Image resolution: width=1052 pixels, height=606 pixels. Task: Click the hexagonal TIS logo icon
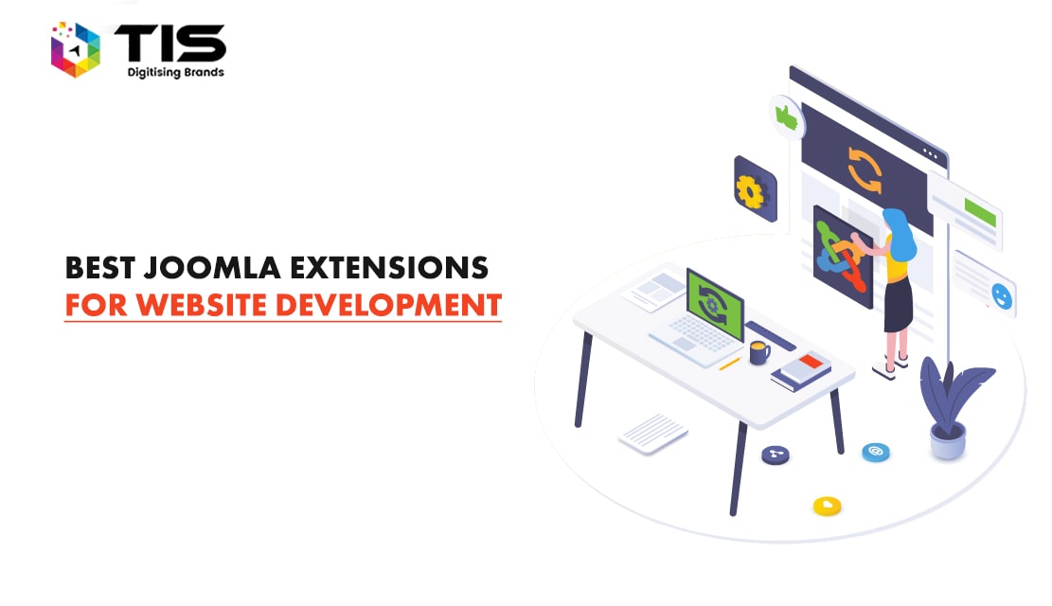click(x=76, y=49)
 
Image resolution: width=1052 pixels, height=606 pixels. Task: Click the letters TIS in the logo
click(x=170, y=43)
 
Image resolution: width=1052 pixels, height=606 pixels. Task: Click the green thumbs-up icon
click(x=785, y=116)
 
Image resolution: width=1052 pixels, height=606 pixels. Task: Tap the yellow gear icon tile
click(x=754, y=190)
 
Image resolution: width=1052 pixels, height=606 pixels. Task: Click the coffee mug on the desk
click(x=757, y=352)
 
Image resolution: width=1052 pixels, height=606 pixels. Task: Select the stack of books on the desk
click(x=800, y=370)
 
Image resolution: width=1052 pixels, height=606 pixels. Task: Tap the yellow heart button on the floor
click(x=827, y=507)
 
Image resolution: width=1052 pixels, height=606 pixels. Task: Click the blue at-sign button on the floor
click(x=876, y=453)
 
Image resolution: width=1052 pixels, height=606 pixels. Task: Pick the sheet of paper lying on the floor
click(x=653, y=434)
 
